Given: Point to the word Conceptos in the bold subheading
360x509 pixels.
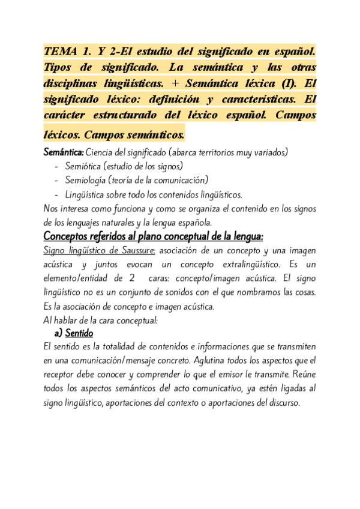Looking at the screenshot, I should tap(71, 235).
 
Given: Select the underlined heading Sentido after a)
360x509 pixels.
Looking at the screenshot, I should tap(79, 333).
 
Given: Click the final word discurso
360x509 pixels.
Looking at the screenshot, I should tap(279, 403).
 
